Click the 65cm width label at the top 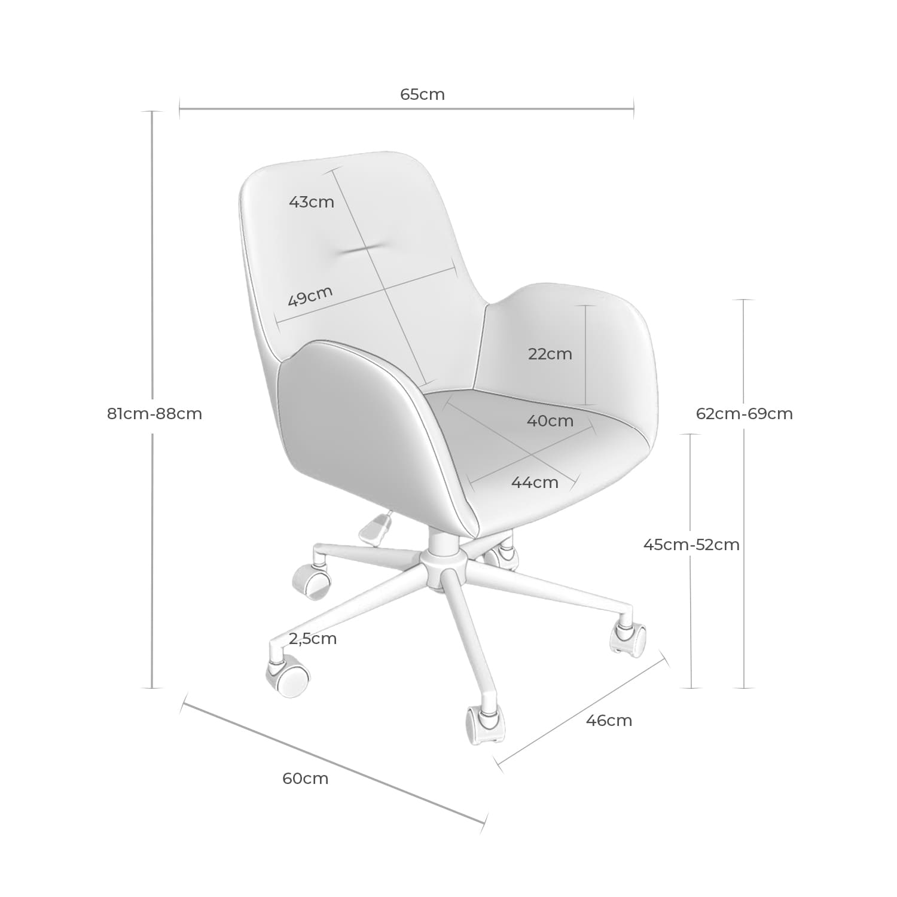pyautogui.click(x=422, y=94)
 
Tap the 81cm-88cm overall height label pyautogui.click(x=154, y=413)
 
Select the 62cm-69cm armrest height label pyautogui.click(x=744, y=413)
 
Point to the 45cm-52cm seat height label pyautogui.click(x=691, y=545)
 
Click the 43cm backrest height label pyautogui.click(x=311, y=202)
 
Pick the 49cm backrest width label pyautogui.click(x=310, y=296)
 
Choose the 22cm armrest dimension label pyautogui.click(x=550, y=354)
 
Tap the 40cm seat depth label pyautogui.click(x=550, y=421)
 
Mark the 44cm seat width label pyautogui.click(x=535, y=483)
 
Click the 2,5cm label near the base pyautogui.click(x=313, y=639)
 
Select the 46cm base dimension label pyautogui.click(x=609, y=721)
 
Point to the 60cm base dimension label pyautogui.click(x=305, y=779)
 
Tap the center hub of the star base pyautogui.click(x=443, y=562)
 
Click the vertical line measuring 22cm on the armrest pyautogui.click(x=586, y=355)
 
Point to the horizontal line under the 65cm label pyautogui.click(x=407, y=109)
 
